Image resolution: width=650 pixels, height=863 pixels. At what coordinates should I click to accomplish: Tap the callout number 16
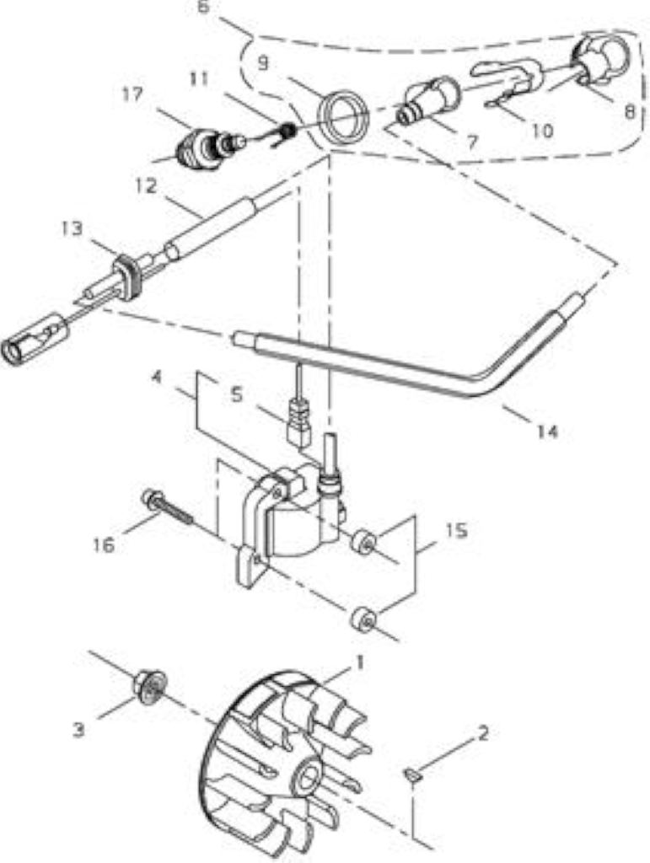[x=105, y=545]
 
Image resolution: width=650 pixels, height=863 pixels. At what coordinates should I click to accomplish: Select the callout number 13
[x=72, y=228]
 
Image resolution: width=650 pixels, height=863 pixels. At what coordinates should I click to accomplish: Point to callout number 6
[x=204, y=8]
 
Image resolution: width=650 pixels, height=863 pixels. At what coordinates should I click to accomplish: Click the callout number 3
[x=78, y=730]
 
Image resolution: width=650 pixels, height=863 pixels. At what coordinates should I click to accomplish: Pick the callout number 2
[x=483, y=734]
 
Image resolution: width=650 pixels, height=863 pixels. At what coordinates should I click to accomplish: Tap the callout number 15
[x=456, y=531]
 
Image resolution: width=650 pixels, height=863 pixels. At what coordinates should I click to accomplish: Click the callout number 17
[x=132, y=94]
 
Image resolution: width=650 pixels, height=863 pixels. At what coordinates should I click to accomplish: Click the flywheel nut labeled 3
[x=150, y=688]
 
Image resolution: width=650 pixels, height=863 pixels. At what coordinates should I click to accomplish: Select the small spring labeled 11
[x=287, y=132]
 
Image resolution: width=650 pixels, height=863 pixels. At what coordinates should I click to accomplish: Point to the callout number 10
[x=543, y=131]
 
